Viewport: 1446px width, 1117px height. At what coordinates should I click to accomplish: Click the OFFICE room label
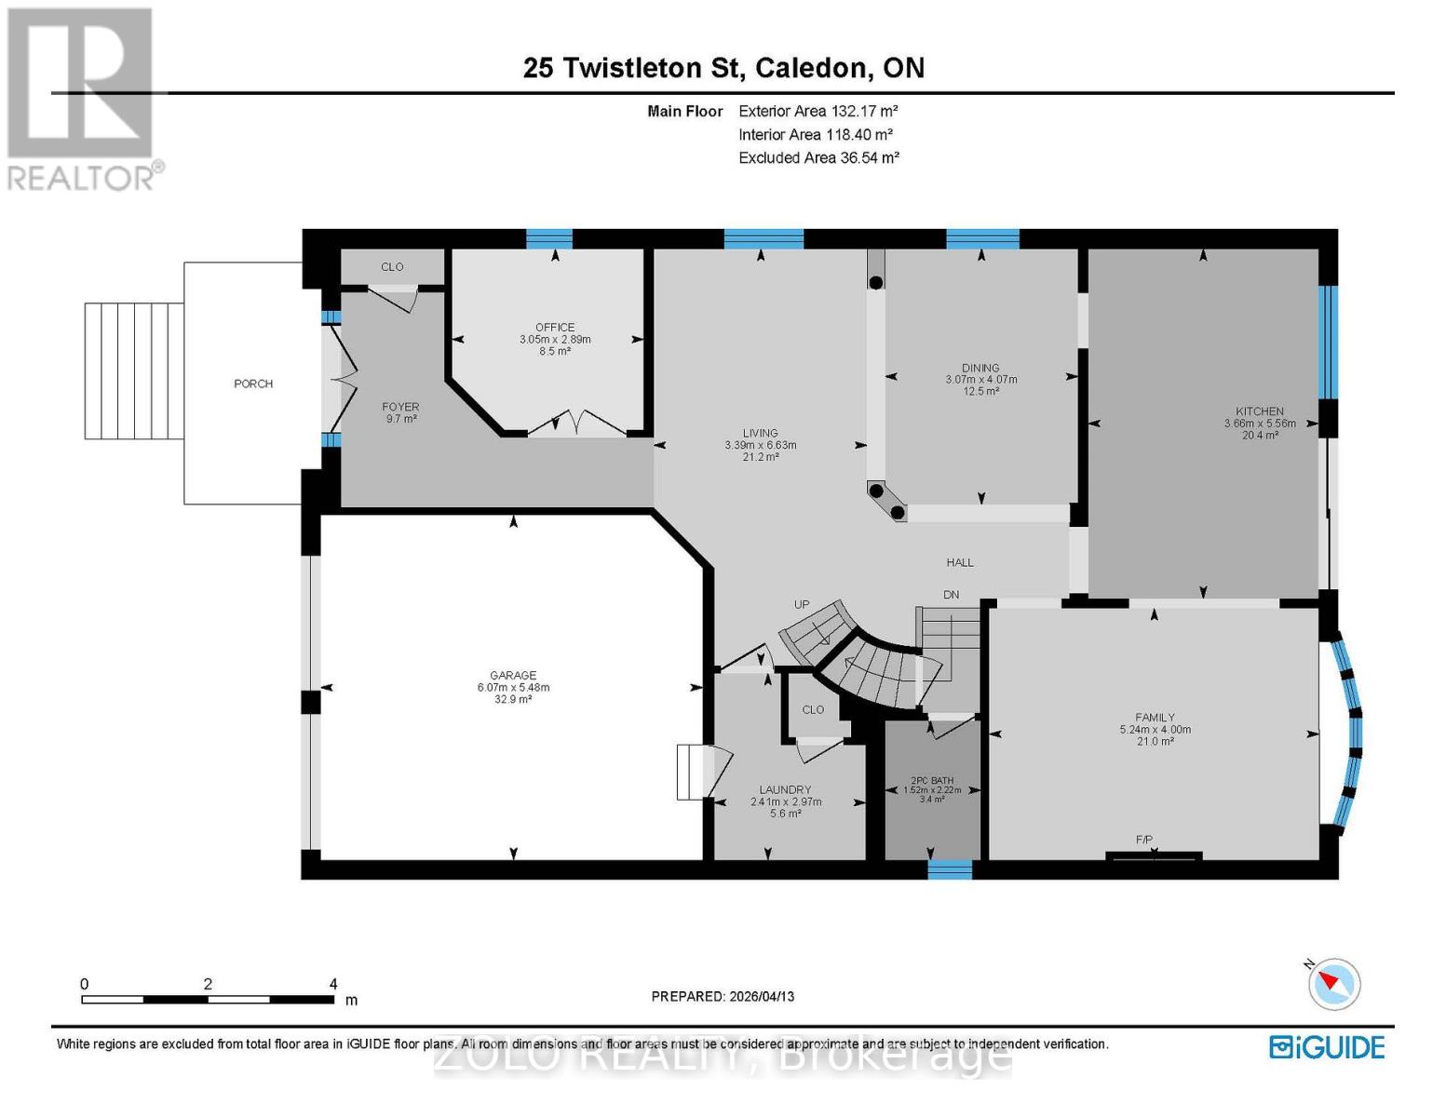pyautogui.click(x=555, y=327)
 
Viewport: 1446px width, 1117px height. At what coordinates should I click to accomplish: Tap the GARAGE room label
pyautogui.click(x=513, y=675)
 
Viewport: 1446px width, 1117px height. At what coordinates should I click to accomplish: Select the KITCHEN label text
pyautogui.click(x=1259, y=410)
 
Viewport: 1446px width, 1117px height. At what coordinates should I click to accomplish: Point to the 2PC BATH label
pyautogui.click(x=931, y=780)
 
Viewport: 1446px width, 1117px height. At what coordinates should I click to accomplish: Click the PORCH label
pyautogui.click(x=253, y=384)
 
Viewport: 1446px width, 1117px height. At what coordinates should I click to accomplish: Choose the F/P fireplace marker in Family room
pyautogui.click(x=1144, y=840)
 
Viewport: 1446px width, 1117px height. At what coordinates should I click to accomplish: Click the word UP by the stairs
pyautogui.click(x=802, y=604)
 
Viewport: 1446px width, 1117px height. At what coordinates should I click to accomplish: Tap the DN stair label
pyautogui.click(x=951, y=595)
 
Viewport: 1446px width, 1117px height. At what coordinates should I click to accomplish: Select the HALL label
pyautogui.click(x=960, y=562)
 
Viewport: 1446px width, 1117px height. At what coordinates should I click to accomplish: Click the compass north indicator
pyautogui.click(x=1333, y=983)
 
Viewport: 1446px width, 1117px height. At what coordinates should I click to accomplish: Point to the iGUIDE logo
pyautogui.click(x=1327, y=1047)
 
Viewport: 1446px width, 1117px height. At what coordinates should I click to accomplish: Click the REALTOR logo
pyautogui.click(x=82, y=98)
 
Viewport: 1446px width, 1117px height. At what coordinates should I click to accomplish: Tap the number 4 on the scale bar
pyautogui.click(x=332, y=984)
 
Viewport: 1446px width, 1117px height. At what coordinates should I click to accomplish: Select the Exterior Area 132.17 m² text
pyautogui.click(x=818, y=111)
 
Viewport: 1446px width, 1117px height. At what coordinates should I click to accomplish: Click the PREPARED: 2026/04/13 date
pyautogui.click(x=723, y=996)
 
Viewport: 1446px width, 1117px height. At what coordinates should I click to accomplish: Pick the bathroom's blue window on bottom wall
pyautogui.click(x=950, y=869)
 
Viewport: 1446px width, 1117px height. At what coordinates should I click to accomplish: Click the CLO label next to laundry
pyautogui.click(x=813, y=709)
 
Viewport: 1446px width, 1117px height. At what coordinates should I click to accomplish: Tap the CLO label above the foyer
pyautogui.click(x=392, y=266)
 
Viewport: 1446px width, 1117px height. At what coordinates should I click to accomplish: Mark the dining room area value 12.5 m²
pyautogui.click(x=980, y=391)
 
